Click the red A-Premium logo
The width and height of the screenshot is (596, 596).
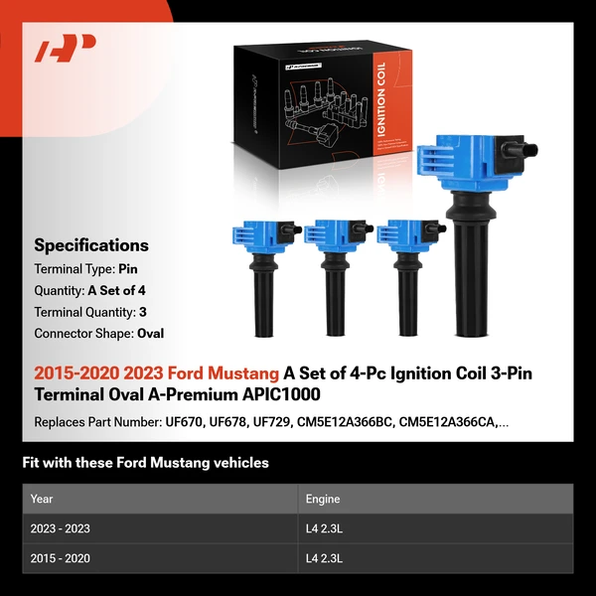[x=66, y=48]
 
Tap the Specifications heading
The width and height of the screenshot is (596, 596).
[x=91, y=245]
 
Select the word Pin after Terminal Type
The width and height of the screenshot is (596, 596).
[x=129, y=269]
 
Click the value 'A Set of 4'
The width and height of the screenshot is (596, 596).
[x=121, y=291]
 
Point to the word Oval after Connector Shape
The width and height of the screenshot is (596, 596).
[x=151, y=334]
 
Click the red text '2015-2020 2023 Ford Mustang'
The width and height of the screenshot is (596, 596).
[x=157, y=374]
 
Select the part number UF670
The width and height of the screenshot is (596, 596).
[x=185, y=422]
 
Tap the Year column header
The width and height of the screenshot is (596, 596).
[x=42, y=499]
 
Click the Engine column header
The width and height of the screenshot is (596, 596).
[x=323, y=499]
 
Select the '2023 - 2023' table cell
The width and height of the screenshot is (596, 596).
[x=60, y=528]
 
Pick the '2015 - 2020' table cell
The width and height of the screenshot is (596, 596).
[x=60, y=558]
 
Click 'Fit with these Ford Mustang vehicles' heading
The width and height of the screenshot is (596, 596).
[x=145, y=463]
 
